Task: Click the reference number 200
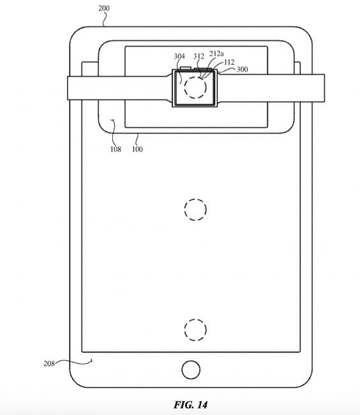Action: [103, 8]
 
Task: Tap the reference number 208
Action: [49, 363]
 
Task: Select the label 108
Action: [116, 149]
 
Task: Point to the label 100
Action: [137, 149]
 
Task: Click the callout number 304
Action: [179, 56]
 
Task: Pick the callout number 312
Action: [199, 56]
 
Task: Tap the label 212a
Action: [216, 54]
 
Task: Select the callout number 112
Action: [229, 62]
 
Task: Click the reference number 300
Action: [242, 70]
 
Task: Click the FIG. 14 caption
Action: [191, 405]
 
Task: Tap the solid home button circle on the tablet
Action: [191, 370]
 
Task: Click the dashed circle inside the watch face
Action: [195, 87]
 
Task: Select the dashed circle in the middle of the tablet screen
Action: [195, 209]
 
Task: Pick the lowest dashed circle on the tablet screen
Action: [195, 330]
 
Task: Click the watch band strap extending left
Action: [119, 88]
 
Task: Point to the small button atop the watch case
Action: [185, 68]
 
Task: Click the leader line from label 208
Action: [73, 361]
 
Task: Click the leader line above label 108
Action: [113, 132]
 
